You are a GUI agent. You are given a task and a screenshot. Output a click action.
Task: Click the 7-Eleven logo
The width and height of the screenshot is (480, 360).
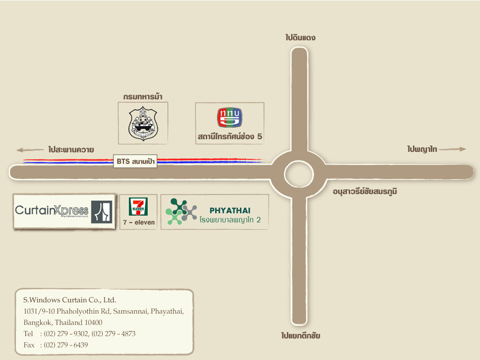click(138, 206)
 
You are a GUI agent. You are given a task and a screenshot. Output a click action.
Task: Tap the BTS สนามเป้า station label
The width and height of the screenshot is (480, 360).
click(136, 162)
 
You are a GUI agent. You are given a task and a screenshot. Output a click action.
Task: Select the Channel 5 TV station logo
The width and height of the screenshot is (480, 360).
click(229, 118)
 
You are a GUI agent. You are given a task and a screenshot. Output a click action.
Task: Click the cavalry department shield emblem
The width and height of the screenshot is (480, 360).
click(143, 124)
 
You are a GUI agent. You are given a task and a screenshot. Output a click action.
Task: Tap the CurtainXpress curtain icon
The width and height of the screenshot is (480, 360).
click(102, 212)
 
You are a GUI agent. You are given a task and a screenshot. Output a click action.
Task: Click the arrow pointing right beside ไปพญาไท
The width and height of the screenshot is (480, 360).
click(453, 149)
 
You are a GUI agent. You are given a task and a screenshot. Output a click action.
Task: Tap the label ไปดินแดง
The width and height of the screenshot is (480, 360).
click(300, 37)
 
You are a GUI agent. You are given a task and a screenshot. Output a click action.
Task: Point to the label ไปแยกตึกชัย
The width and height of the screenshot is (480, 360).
click(300, 336)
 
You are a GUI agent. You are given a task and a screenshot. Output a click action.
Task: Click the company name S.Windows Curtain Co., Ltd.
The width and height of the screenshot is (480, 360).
click(69, 300)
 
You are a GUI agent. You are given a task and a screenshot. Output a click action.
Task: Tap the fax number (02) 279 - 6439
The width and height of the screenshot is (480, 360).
click(66, 345)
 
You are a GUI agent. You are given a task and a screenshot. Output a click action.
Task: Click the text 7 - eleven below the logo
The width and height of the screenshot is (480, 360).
click(139, 223)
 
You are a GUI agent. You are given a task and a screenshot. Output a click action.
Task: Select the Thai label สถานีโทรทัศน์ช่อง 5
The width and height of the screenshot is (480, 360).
click(230, 137)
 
